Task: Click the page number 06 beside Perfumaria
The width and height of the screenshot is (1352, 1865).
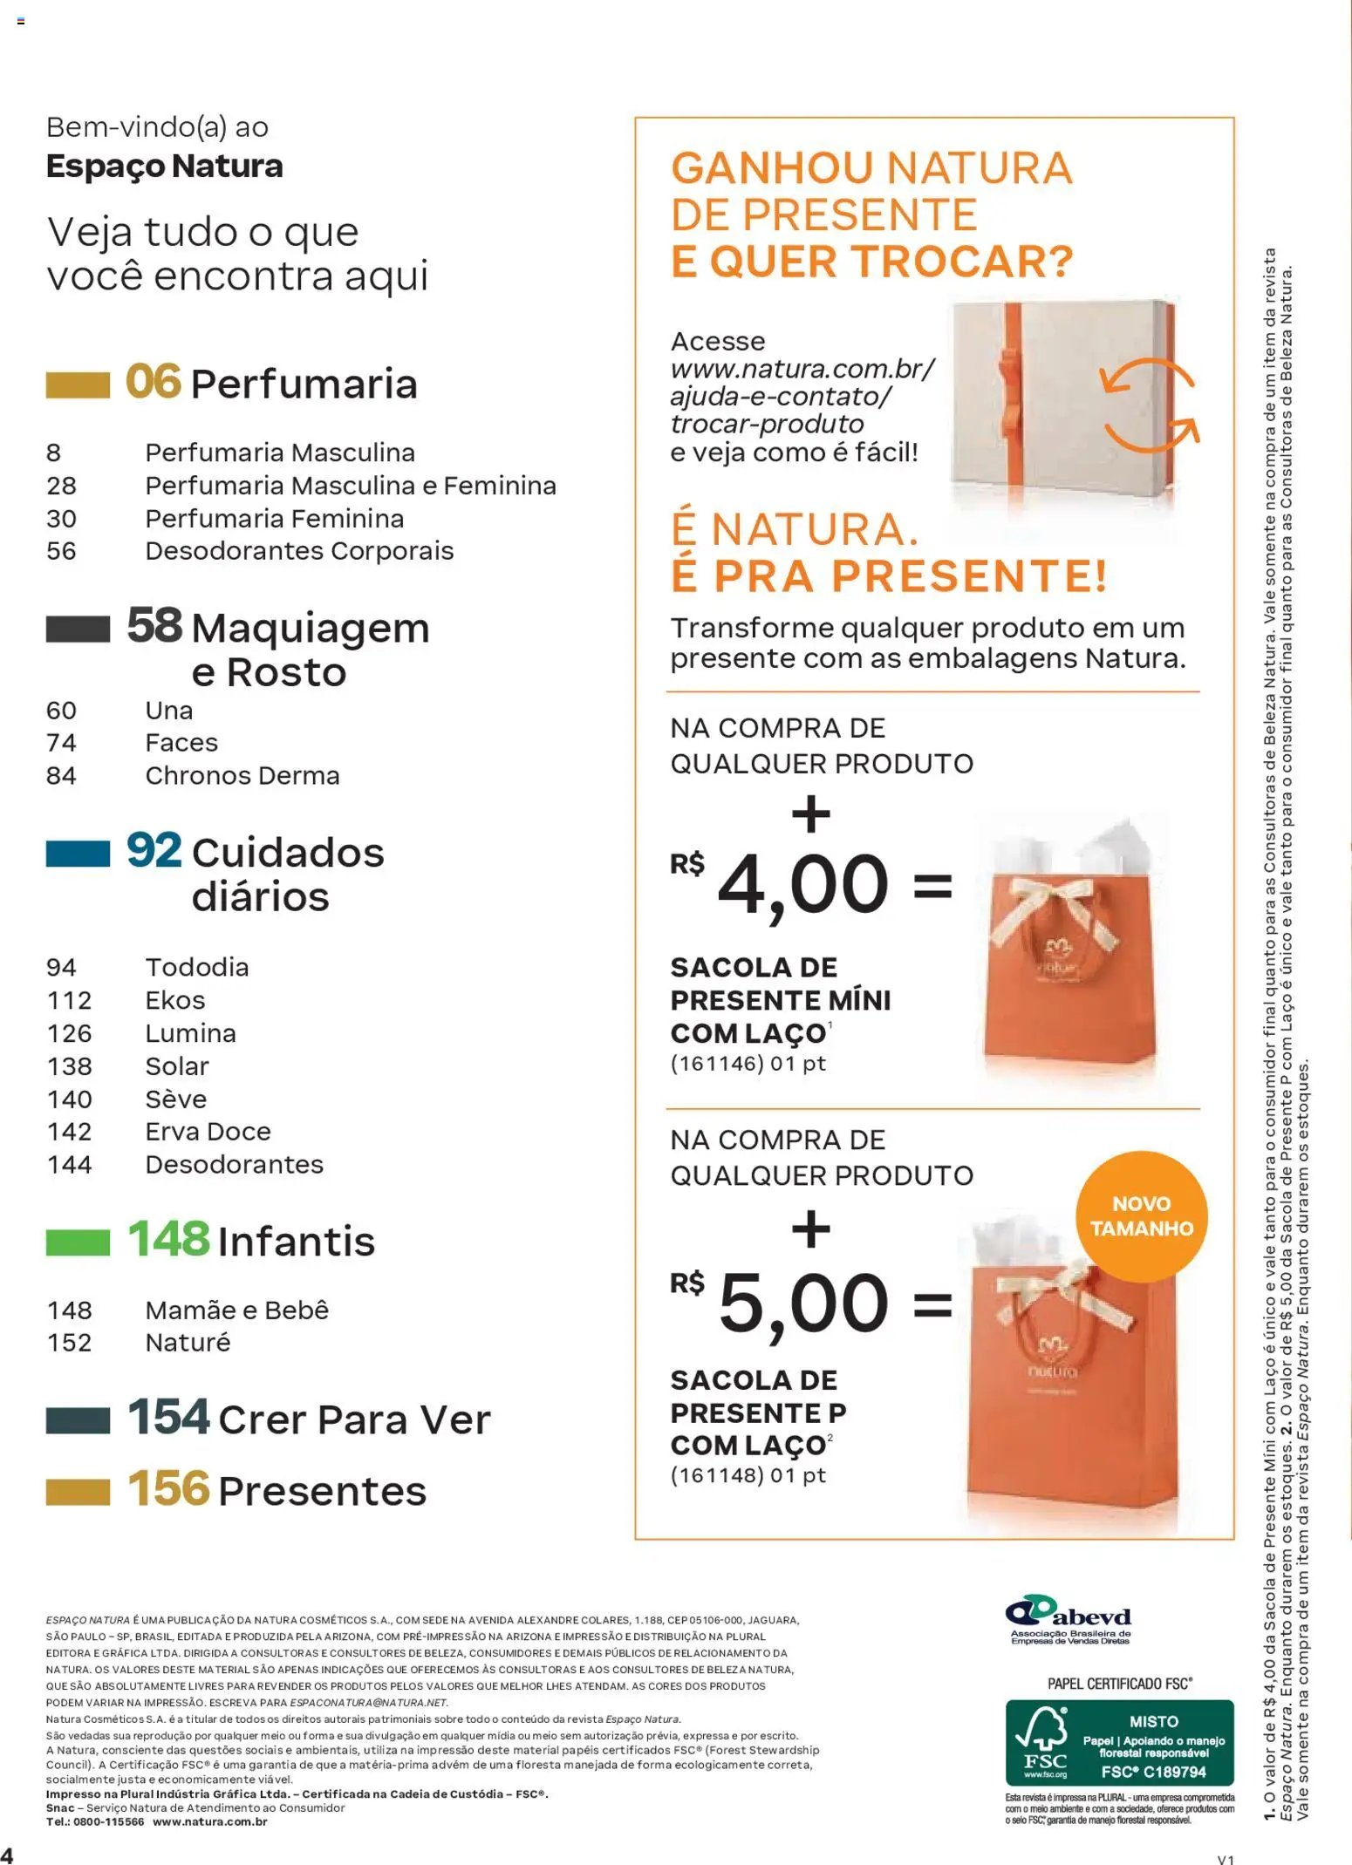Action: pyautogui.click(x=154, y=382)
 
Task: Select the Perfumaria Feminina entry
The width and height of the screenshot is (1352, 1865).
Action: pyautogui.click(x=274, y=519)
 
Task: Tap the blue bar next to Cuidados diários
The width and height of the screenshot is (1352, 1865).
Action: pyautogui.click(x=78, y=854)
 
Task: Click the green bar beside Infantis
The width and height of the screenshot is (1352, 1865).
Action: pyautogui.click(x=78, y=1242)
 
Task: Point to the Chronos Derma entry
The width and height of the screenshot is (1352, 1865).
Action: pyautogui.click(x=242, y=775)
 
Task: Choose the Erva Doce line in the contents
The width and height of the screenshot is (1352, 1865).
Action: pyautogui.click(x=208, y=1131)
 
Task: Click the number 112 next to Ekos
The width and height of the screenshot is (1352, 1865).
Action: pyautogui.click(x=69, y=1000)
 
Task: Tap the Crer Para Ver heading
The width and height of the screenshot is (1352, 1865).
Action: pyautogui.click(x=354, y=1419)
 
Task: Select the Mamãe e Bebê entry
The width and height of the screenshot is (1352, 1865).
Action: pyautogui.click(x=236, y=1310)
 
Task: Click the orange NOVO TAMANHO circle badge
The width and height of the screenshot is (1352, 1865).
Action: pyautogui.click(x=1141, y=1216)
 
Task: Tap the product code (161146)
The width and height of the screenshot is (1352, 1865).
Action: pyautogui.click(x=717, y=1063)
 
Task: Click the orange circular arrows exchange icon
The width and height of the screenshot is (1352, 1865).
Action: pyautogui.click(x=1149, y=405)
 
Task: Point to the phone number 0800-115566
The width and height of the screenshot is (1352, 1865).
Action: pyautogui.click(x=108, y=1821)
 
